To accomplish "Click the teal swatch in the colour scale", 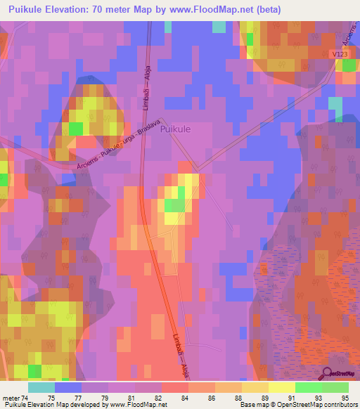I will click(x=41, y=387).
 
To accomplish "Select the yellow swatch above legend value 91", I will click(x=281, y=387).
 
